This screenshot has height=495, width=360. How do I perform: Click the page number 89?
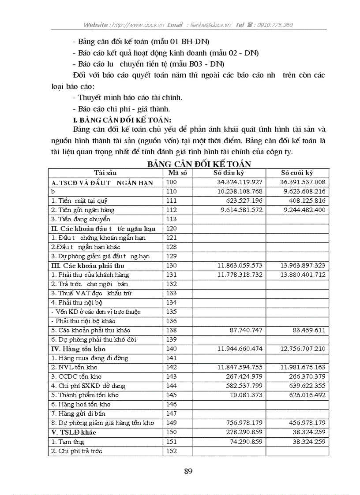(188, 471)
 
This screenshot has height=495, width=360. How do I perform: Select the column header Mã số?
(178, 173)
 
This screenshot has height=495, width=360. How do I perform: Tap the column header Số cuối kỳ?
(297, 173)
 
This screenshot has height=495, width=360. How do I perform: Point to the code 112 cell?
(172, 210)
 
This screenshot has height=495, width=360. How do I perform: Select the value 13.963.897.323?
(303, 265)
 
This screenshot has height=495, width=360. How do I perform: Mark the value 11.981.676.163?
(303, 367)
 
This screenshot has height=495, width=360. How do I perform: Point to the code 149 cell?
(172, 423)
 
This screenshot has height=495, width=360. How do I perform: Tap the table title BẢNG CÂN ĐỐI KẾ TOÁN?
(199, 164)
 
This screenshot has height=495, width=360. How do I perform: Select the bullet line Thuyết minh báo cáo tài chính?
(130, 97)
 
